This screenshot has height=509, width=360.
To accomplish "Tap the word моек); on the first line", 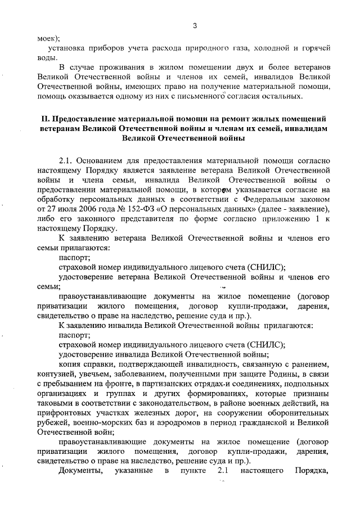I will (x=48, y=38).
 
